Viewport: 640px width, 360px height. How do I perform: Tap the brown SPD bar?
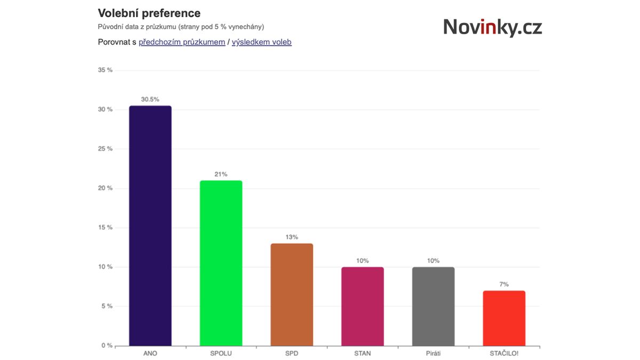click(x=292, y=294)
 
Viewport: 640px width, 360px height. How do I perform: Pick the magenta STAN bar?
click(x=362, y=306)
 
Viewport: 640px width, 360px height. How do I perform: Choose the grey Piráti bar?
click(x=433, y=306)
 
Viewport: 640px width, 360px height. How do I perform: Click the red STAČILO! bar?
click(x=504, y=318)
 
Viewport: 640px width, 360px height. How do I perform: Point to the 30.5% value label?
click(x=150, y=99)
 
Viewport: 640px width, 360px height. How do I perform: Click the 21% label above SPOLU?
click(x=221, y=174)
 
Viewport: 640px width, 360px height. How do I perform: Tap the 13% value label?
click(x=292, y=237)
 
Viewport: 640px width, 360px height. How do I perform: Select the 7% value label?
click(x=504, y=284)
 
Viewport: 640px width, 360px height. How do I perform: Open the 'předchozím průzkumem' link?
click(x=182, y=42)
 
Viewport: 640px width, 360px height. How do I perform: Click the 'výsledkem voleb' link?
click(x=261, y=42)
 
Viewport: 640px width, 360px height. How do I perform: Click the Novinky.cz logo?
click(x=492, y=27)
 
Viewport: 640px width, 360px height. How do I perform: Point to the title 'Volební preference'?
click(x=149, y=13)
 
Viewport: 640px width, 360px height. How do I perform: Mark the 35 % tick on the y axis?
click(x=106, y=70)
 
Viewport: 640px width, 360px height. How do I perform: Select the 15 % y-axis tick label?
click(x=106, y=228)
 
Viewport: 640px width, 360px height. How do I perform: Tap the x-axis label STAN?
click(x=362, y=354)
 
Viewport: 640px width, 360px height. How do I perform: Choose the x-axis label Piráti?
click(x=433, y=354)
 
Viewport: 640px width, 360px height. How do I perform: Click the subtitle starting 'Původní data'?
click(x=181, y=27)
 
